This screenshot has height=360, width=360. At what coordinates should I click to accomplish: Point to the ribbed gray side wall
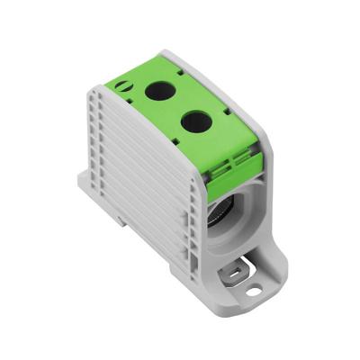(135, 180)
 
